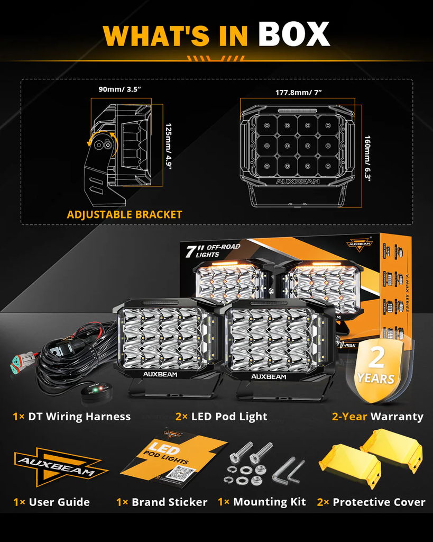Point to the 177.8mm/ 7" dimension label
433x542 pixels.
pyautogui.click(x=298, y=92)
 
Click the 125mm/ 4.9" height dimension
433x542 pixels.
pyautogui.click(x=168, y=145)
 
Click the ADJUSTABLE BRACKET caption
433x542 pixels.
pyautogui.click(x=124, y=214)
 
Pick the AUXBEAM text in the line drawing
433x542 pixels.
pyautogui.click(x=298, y=181)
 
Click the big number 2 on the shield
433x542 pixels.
pyautogui.click(x=376, y=359)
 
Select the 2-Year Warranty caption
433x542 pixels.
pyautogui.click(x=377, y=417)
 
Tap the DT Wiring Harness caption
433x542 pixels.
pyautogui.click(x=71, y=417)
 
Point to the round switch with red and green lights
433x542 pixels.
pyautogui.click(x=94, y=392)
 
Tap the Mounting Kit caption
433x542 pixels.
pyautogui.click(x=262, y=502)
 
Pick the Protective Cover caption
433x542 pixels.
pyautogui.click(x=371, y=502)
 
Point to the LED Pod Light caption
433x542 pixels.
pyautogui.click(x=221, y=417)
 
